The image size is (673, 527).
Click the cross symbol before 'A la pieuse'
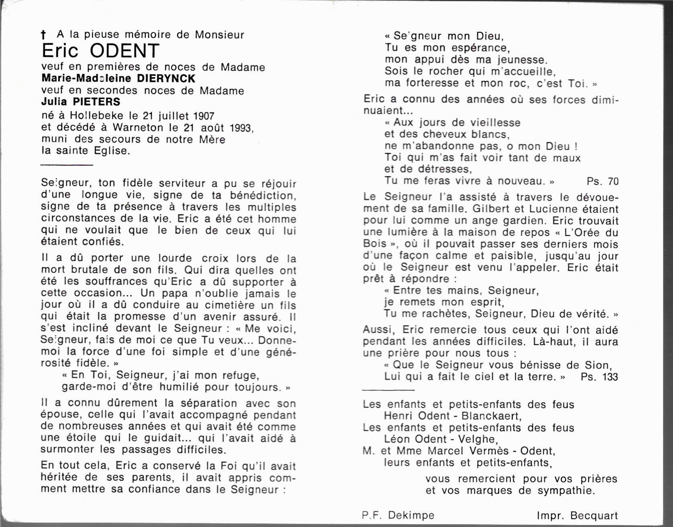pos(43,35)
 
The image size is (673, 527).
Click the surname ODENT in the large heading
pos(125,51)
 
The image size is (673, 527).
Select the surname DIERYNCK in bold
pos(166,79)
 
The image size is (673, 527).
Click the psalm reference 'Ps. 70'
pos(602,181)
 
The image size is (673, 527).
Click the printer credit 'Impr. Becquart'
pos(577,515)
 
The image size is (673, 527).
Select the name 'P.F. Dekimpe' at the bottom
pos(398,515)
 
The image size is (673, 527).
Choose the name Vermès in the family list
pos(478,451)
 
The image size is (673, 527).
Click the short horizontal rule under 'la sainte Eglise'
pos(67,165)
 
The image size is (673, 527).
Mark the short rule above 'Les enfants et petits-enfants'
pos(388,390)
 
